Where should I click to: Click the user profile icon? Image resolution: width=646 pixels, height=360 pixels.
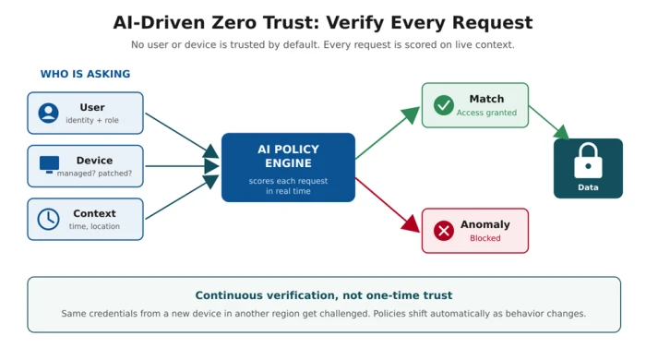tap(48, 113)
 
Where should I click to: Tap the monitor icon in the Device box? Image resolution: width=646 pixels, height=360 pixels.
tap(49, 164)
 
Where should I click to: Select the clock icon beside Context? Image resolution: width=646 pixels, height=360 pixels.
tap(48, 219)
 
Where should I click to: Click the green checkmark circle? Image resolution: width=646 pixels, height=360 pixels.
tap(444, 105)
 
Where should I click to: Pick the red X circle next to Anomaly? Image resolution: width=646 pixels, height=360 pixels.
tap(444, 231)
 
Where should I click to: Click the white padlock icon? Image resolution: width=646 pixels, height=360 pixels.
tap(588, 161)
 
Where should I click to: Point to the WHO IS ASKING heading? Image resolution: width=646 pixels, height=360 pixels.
tap(85, 74)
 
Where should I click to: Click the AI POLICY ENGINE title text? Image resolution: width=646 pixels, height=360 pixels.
tap(288, 156)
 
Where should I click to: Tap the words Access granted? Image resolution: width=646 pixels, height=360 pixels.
tap(486, 113)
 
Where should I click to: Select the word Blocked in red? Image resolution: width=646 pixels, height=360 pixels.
tap(485, 238)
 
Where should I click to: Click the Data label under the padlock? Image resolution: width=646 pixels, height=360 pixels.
tap(588, 187)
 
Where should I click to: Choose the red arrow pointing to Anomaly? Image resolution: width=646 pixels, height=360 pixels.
tap(388, 205)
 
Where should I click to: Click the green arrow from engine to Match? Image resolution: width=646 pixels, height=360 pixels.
tap(388, 133)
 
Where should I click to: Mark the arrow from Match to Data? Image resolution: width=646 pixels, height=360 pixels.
tap(549, 123)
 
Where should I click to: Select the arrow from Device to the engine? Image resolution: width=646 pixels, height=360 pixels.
tap(183, 166)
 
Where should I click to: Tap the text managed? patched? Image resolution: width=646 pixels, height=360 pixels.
tap(94, 174)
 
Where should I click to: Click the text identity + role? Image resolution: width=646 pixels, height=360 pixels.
tap(92, 120)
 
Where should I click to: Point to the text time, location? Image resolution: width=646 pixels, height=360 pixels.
tap(94, 226)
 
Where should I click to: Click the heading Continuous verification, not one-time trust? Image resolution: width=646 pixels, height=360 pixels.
tap(324, 295)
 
